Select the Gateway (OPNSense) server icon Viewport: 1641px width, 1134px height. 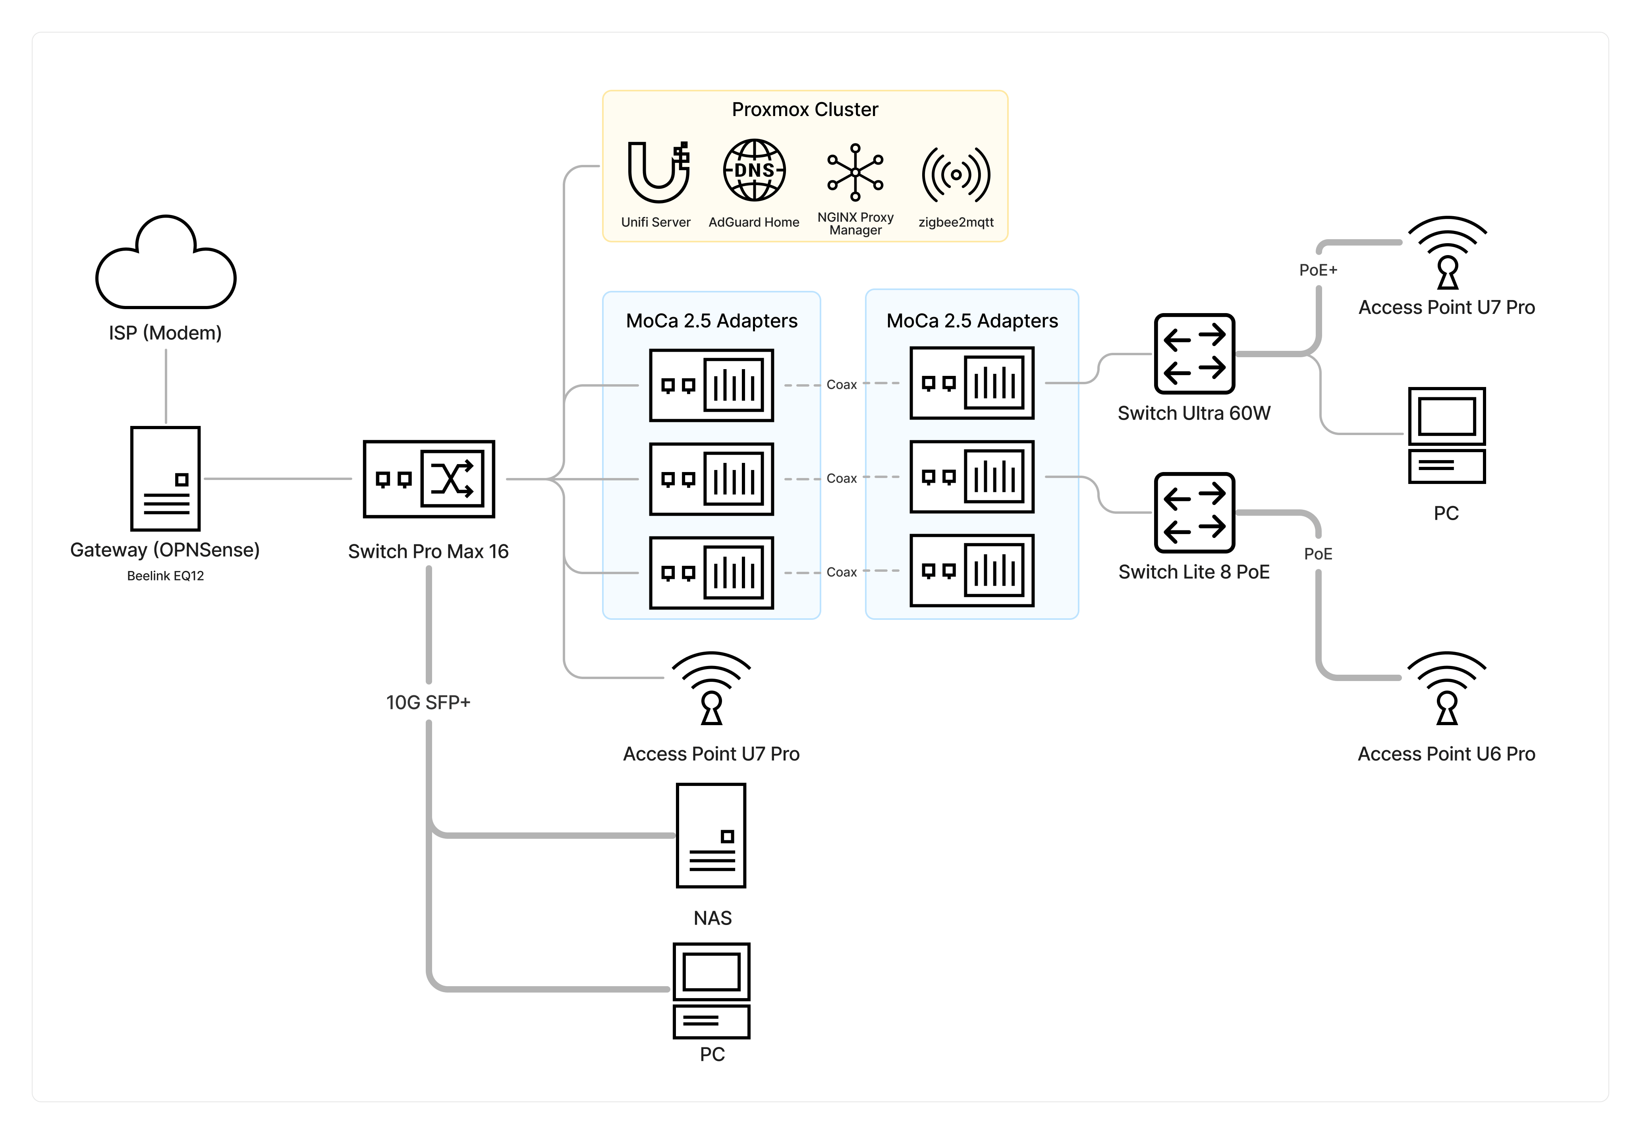[166, 478]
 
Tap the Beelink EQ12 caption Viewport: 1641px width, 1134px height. [166, 575]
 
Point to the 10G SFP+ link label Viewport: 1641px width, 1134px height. [428, 702]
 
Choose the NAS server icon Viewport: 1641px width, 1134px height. [711, 836]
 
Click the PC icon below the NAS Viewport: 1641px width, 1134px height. [711, 991]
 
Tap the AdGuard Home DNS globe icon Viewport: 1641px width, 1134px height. [754, 170]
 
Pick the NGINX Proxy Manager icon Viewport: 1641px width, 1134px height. [855, 172]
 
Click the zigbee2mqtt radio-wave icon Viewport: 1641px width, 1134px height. [956, 174]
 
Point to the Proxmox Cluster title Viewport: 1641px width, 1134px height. [805, 109]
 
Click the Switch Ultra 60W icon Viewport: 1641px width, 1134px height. [1194, 353]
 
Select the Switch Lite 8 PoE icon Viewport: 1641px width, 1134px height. [1194, 512]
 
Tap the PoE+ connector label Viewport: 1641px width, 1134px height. [1318, 270]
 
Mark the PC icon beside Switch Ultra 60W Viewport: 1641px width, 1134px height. [1446, 435]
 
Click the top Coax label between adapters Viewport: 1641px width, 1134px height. [842, 384]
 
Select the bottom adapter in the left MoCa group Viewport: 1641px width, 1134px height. [711, 573]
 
